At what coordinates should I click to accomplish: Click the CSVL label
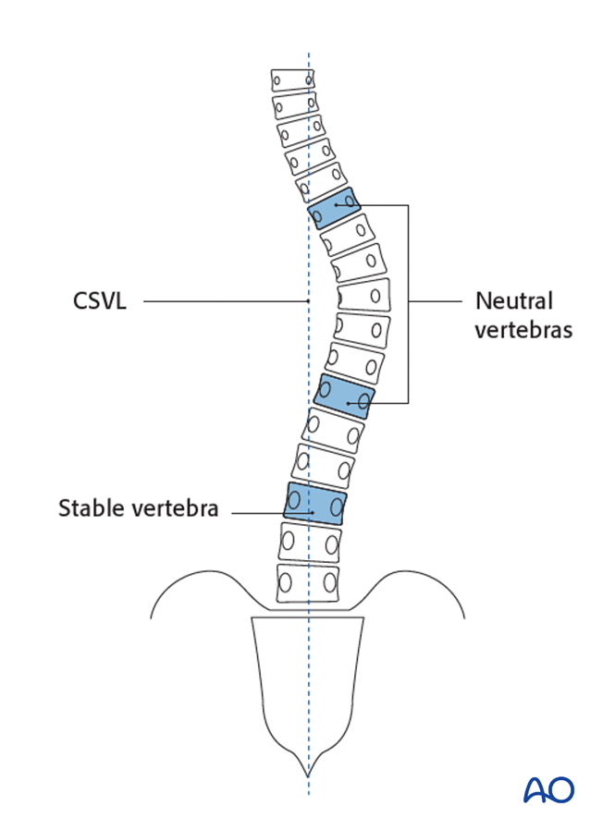99,301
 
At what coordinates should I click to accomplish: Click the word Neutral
513,301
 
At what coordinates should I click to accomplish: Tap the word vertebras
523,329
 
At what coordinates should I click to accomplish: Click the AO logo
548,788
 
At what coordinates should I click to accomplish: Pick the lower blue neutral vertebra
344,396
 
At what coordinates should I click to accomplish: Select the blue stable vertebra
315,504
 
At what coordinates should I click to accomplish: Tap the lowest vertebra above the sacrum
306,584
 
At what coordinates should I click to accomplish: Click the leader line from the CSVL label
222,301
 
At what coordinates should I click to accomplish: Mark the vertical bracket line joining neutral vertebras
408,303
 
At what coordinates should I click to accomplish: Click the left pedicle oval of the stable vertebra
294,503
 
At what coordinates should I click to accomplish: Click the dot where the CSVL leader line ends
306,301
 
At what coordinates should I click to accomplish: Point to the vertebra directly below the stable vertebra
310,543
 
